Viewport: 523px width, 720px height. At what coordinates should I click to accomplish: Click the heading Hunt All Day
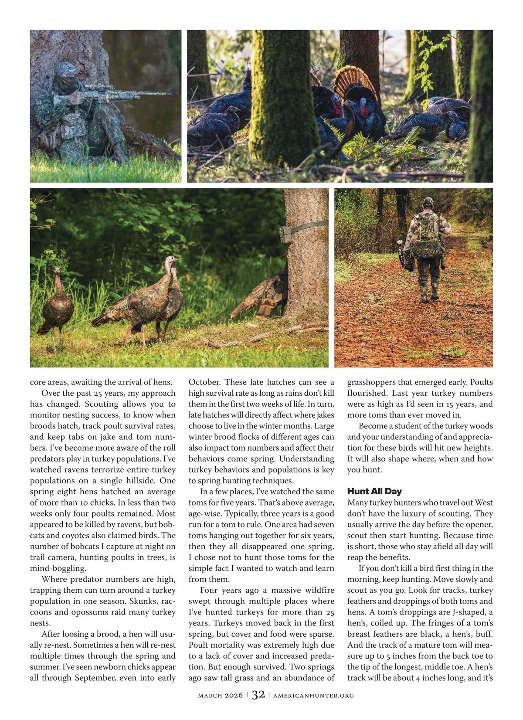coord(374,491)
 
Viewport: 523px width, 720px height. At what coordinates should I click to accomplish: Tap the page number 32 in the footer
coord(258,695)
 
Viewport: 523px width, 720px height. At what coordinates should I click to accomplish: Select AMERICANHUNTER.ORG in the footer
coord(313,696)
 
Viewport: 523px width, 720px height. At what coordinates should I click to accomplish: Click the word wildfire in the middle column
coord(316,590)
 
